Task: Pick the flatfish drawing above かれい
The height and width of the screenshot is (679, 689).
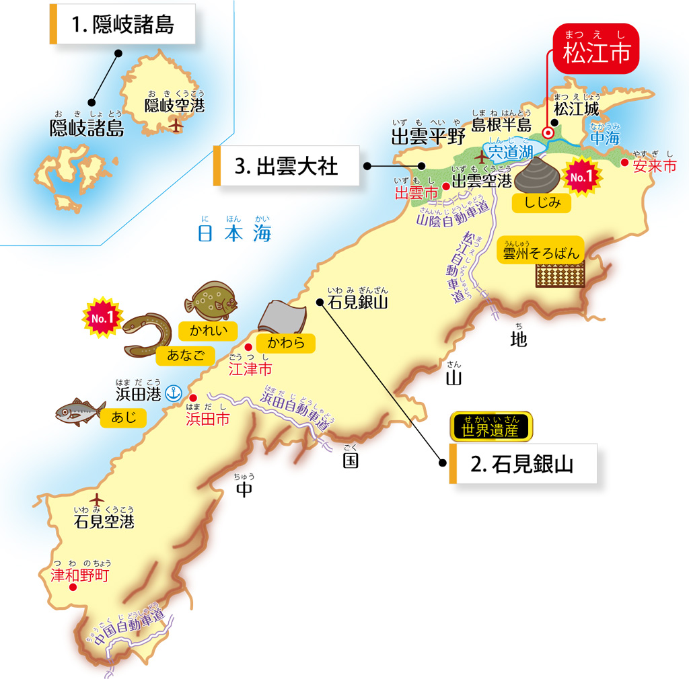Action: pos(211,301)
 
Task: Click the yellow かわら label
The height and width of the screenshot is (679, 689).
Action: pos(286,343)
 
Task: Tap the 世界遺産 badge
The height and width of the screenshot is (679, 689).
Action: pos(491,426)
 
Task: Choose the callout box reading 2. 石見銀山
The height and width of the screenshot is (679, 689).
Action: pos(523,464)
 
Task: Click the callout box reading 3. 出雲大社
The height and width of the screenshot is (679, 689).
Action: pos(286,166)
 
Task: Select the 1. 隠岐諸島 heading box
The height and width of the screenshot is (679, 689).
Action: pos(122,25)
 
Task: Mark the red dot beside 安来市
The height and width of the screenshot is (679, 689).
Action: pos(625,162)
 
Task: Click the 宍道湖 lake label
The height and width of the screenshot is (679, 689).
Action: pos(511,152)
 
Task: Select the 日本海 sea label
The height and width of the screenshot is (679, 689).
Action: pos(233,233)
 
